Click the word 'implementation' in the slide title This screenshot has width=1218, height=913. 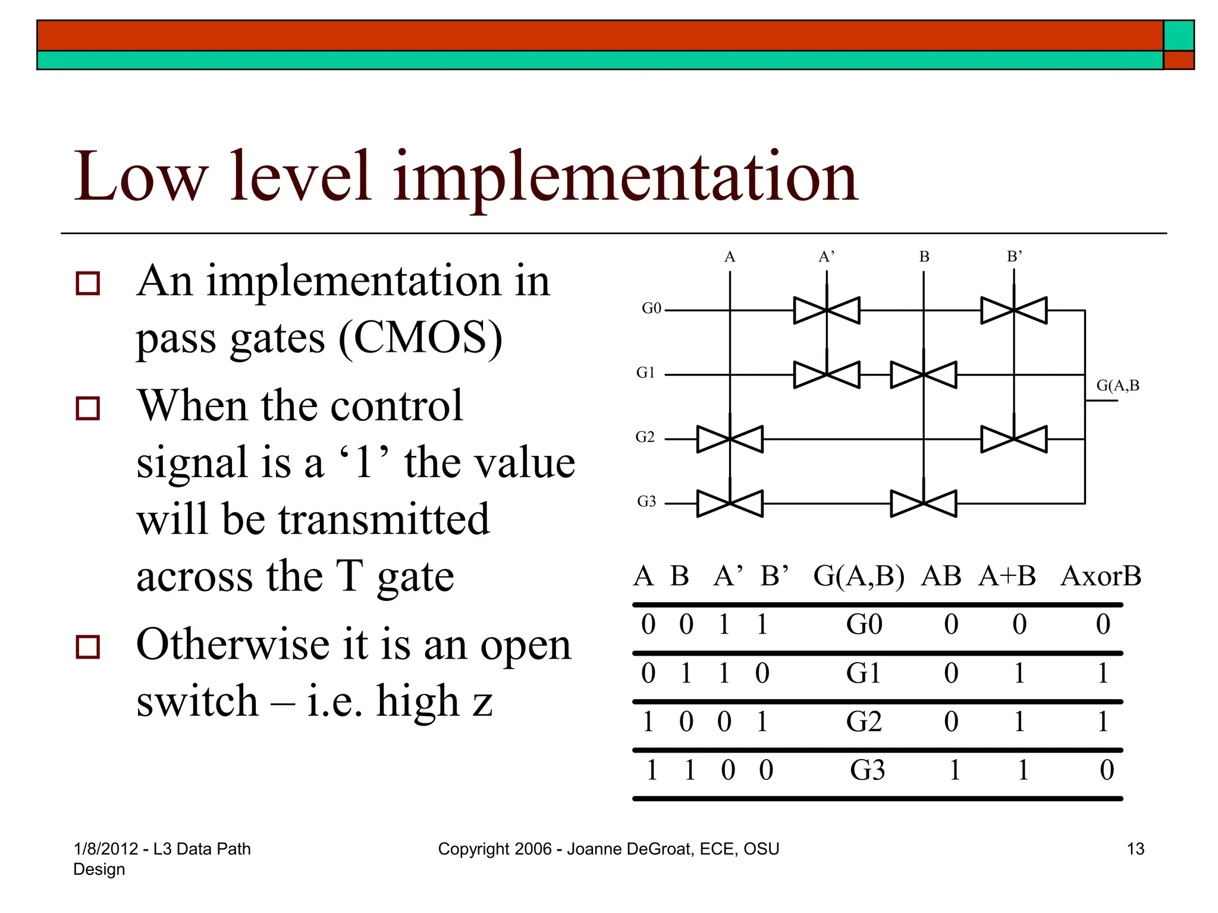pyautogui.click(x=624, y=177)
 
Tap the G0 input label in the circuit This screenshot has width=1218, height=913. pyautogui.click(x=651, y=308)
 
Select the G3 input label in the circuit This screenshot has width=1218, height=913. pyautogui.click(x=646, y=502)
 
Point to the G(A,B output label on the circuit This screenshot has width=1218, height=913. pyautogui.click(x=1117, y=386)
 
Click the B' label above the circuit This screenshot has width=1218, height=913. pyautogui.click(x=1014, y=257)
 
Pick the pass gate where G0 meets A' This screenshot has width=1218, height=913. pyautogui.click(x=827, y=310)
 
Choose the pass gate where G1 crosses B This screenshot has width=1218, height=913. pyautogui.click(x=924, y=375)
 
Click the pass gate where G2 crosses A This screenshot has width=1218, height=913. pyautogui.click(x=730, y=439)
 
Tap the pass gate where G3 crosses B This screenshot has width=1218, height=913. pyautogui.click(x=924, y=503)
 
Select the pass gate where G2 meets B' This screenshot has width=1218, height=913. pyautogui.click(x=1014, y=439)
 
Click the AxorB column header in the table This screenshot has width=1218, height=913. pyautogui.click(x=1100, y=577)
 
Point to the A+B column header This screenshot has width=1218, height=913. pyautogui.click(x=1007, y=577)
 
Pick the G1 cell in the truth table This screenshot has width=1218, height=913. pyautogui.click(x=864, y=673)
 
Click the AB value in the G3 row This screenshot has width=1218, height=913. pyautogui.click(x=954, y=770)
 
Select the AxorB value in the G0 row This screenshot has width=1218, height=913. pyautogui.click(x=1103, y=625)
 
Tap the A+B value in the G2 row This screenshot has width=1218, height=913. pyautogui.click(x=1019, y=722)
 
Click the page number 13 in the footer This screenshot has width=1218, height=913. pyautogui.click(x=1135, y=849)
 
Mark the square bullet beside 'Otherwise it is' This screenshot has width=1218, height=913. pyautogui.click(x=88, y=646)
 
